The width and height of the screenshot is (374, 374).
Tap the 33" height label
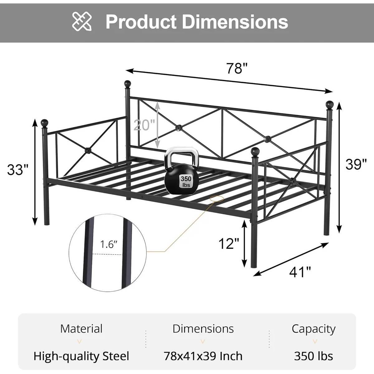18,170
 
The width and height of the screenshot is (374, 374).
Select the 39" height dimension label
356,164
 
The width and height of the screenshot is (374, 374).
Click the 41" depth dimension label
300,272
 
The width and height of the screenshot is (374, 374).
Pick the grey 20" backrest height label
144,125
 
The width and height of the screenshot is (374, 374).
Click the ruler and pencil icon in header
82,21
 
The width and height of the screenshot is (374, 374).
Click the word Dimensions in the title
235,22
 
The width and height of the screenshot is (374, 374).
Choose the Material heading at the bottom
81,328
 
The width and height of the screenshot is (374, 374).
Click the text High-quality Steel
81,356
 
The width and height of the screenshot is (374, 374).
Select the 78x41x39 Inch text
203,356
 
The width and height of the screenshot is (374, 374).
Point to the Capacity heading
314,328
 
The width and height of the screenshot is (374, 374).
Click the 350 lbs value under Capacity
314,356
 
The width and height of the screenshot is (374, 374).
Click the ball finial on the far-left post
45,122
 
